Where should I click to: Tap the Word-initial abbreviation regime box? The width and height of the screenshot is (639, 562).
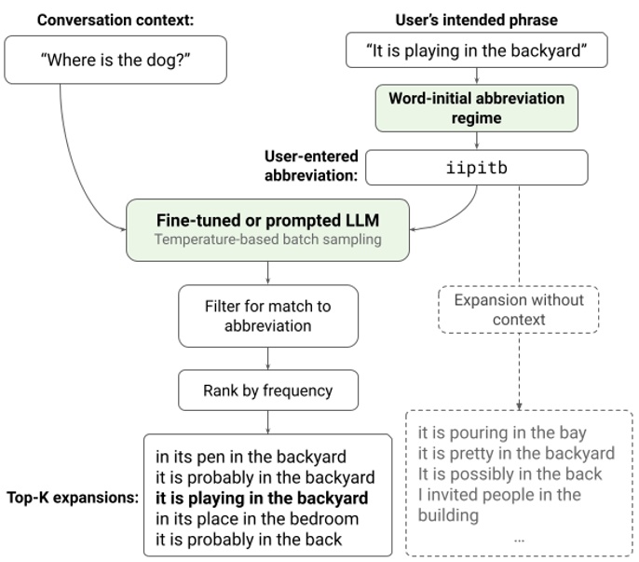tap(476, 109)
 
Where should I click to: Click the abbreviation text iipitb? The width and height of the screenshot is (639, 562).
tap(476, 168)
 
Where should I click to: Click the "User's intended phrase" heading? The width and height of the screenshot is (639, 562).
tap(476, 18)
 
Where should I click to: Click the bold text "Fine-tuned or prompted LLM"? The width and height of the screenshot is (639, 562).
tap(267, 222)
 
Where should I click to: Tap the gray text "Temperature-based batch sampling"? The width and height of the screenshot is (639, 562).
tap(267, 241)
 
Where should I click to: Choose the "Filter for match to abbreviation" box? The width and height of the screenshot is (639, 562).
tap(267, 315)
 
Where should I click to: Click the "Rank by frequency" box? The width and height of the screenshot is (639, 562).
tap(267, 391)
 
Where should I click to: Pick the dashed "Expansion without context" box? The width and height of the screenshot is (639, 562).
tap(518, 310)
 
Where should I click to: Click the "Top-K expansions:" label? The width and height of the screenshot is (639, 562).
tap(71, 498)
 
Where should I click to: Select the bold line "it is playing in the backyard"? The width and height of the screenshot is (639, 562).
tap(262, 498)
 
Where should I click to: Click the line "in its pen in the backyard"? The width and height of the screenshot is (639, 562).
tap(251, 457)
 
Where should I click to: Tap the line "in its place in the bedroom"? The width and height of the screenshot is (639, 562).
tap(256, 518)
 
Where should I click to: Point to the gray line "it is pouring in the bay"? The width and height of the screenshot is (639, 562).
tap(502, 432)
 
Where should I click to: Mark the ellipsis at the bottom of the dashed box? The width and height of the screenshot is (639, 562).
tap(519, 538)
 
